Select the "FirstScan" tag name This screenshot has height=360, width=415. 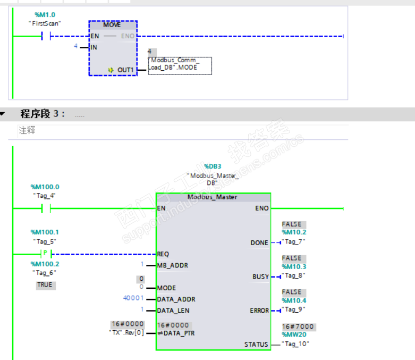(45, 23)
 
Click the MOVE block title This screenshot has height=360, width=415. (112, 25)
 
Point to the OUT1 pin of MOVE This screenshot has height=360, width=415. (125, 70)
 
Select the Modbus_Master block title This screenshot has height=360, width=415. (213, 197)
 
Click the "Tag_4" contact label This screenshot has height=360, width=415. (45, 195)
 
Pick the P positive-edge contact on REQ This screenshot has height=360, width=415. (45, 254)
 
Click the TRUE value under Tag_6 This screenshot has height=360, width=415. (45, 285)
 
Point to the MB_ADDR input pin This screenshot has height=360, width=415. (172, 265)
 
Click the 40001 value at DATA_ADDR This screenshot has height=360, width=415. (133, 298)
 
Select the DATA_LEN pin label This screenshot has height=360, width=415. (173, 310)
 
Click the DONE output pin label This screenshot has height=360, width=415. (259, 242)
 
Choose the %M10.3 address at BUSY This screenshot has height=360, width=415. (294, 266)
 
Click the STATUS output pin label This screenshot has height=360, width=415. (256, 345)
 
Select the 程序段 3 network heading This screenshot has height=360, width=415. (43, 114)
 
